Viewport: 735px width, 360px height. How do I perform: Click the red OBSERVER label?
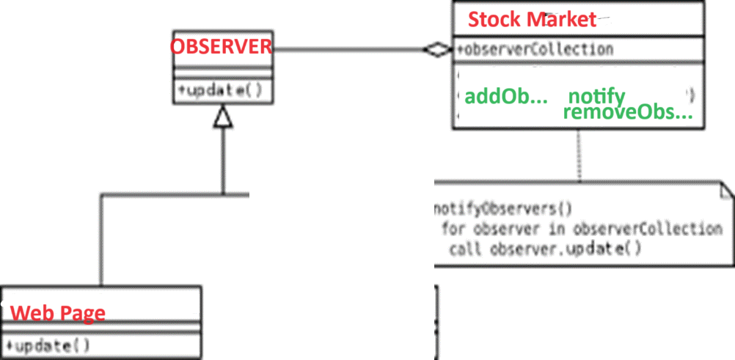tap(221, 47)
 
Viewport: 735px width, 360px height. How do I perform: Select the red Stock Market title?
tap(533, 19)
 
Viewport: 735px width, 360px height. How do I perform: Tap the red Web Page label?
tap(58, 313)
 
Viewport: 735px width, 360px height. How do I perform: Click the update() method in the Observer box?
tap(220, 91)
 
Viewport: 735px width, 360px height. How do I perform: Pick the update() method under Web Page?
tap(48, 345)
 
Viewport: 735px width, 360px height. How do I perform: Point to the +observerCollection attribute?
tap(535, 50)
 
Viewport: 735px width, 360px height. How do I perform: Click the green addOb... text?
tap(506, 97)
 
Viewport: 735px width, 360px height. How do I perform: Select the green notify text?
tap(596, 96)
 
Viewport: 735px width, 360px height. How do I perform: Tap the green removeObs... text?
tap(628, 114)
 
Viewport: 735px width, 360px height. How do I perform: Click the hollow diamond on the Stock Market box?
tap(438, 50)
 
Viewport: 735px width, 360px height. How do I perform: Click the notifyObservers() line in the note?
tap(503, 207)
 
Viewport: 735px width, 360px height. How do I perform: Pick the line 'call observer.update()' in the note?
tap(546, 248)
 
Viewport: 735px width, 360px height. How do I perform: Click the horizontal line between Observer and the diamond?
tap(345, 50)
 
